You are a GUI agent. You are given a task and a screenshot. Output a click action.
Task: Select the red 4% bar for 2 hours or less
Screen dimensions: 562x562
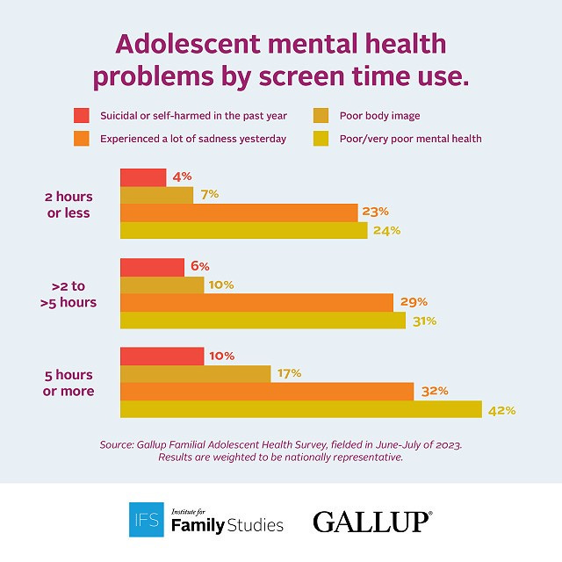click(143, 177)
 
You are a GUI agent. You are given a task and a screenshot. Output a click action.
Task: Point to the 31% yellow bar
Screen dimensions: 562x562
click(263, 321)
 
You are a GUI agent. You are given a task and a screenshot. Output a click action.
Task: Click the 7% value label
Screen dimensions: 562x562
click(209, 194)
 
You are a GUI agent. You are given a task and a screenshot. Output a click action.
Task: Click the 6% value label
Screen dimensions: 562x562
click(198, 266)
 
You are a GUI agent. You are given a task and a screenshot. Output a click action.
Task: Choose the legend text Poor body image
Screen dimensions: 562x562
click(378, 115)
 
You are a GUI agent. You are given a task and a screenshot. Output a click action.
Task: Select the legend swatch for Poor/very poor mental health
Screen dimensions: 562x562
click(321, 138)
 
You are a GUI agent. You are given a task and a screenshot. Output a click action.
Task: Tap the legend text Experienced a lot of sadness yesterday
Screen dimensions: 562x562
click(192, 138)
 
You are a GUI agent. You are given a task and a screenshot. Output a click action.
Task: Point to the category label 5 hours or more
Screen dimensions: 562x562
click(68, 383)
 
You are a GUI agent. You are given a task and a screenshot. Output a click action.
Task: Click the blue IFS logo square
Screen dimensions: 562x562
click(146, 519)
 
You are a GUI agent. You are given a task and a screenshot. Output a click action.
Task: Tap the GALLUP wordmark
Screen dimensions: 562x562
click(372, 522)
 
